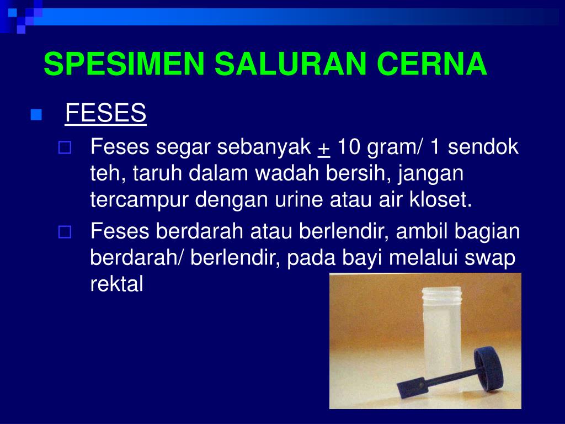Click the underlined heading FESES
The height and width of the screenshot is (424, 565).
coord(105,114)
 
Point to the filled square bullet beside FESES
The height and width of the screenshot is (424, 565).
coord(36,115)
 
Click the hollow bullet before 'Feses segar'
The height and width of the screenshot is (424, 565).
coord(65,147)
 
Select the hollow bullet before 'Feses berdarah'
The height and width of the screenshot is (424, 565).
coord(65,232)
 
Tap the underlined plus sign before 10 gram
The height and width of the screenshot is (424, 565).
coord(324,147)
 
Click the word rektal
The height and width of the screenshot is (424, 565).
coord(116,284)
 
